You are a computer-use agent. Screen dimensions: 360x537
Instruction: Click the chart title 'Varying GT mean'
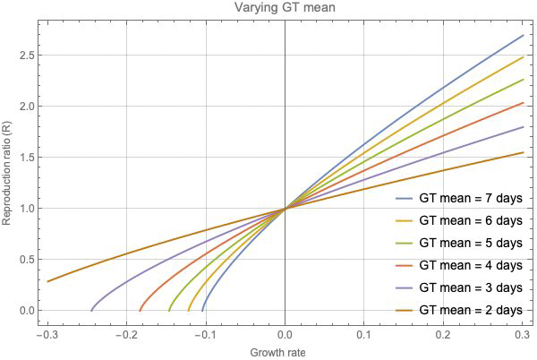pos(285,9)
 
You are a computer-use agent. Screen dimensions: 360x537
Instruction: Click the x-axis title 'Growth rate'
pos(285,352)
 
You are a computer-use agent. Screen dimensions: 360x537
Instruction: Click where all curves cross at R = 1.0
pos(285,209)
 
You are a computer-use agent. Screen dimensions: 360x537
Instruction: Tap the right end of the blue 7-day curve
pos(523,36)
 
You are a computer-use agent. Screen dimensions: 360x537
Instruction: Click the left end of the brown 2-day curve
pos(47,281)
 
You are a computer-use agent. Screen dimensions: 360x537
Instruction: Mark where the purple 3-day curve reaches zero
pos(91,311)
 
